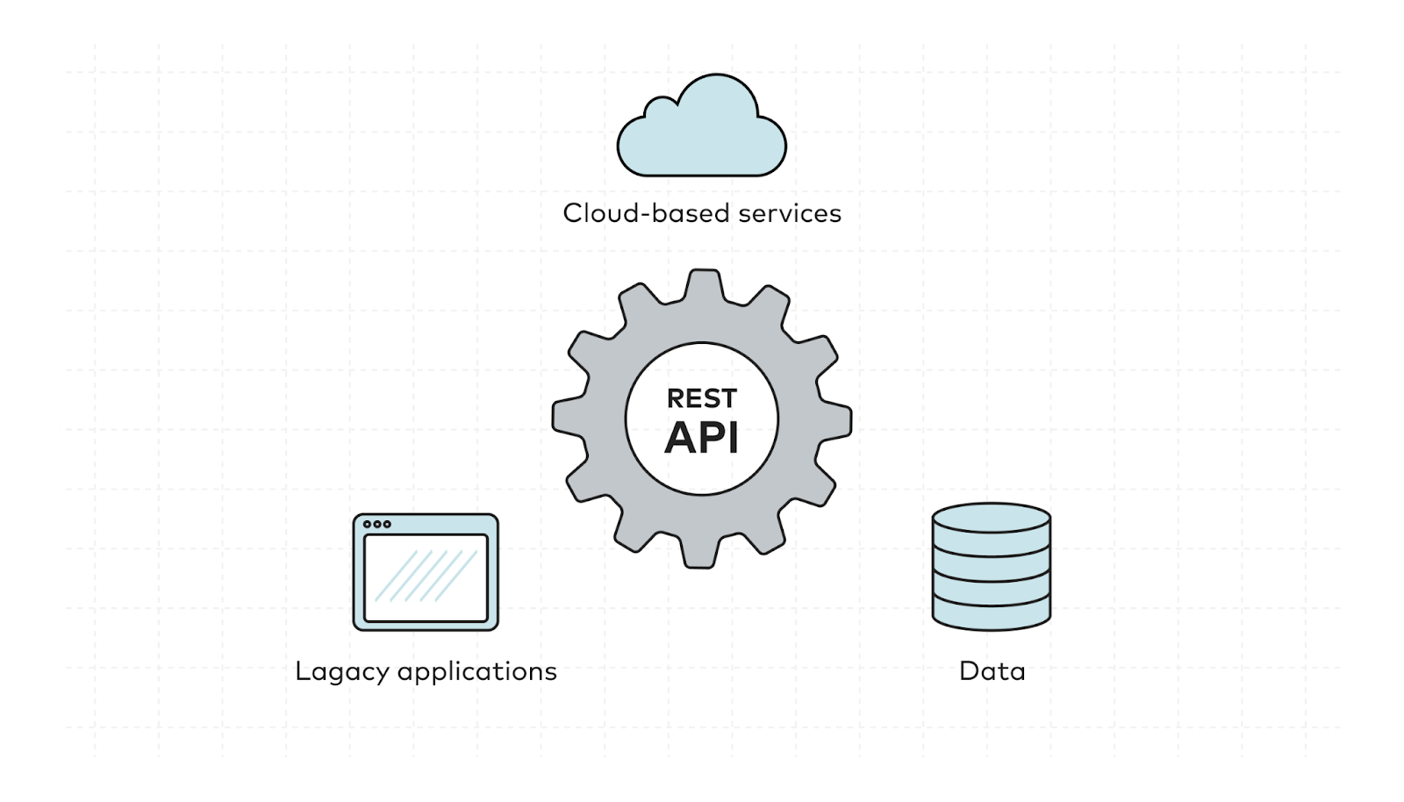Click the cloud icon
[x=702, y=132]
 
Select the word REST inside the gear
[x=702, y=398]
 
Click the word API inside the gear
[x=702, y=437]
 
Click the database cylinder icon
[x=991, y=567]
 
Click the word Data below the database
[x=992, y=671]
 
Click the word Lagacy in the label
[x=342, y=672]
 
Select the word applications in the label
[x=477, y=672]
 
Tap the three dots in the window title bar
[x=377, y=524]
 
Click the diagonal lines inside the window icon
[x=426, y=576]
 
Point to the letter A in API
[x=681, y=437]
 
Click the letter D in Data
[x=969, y=671]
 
